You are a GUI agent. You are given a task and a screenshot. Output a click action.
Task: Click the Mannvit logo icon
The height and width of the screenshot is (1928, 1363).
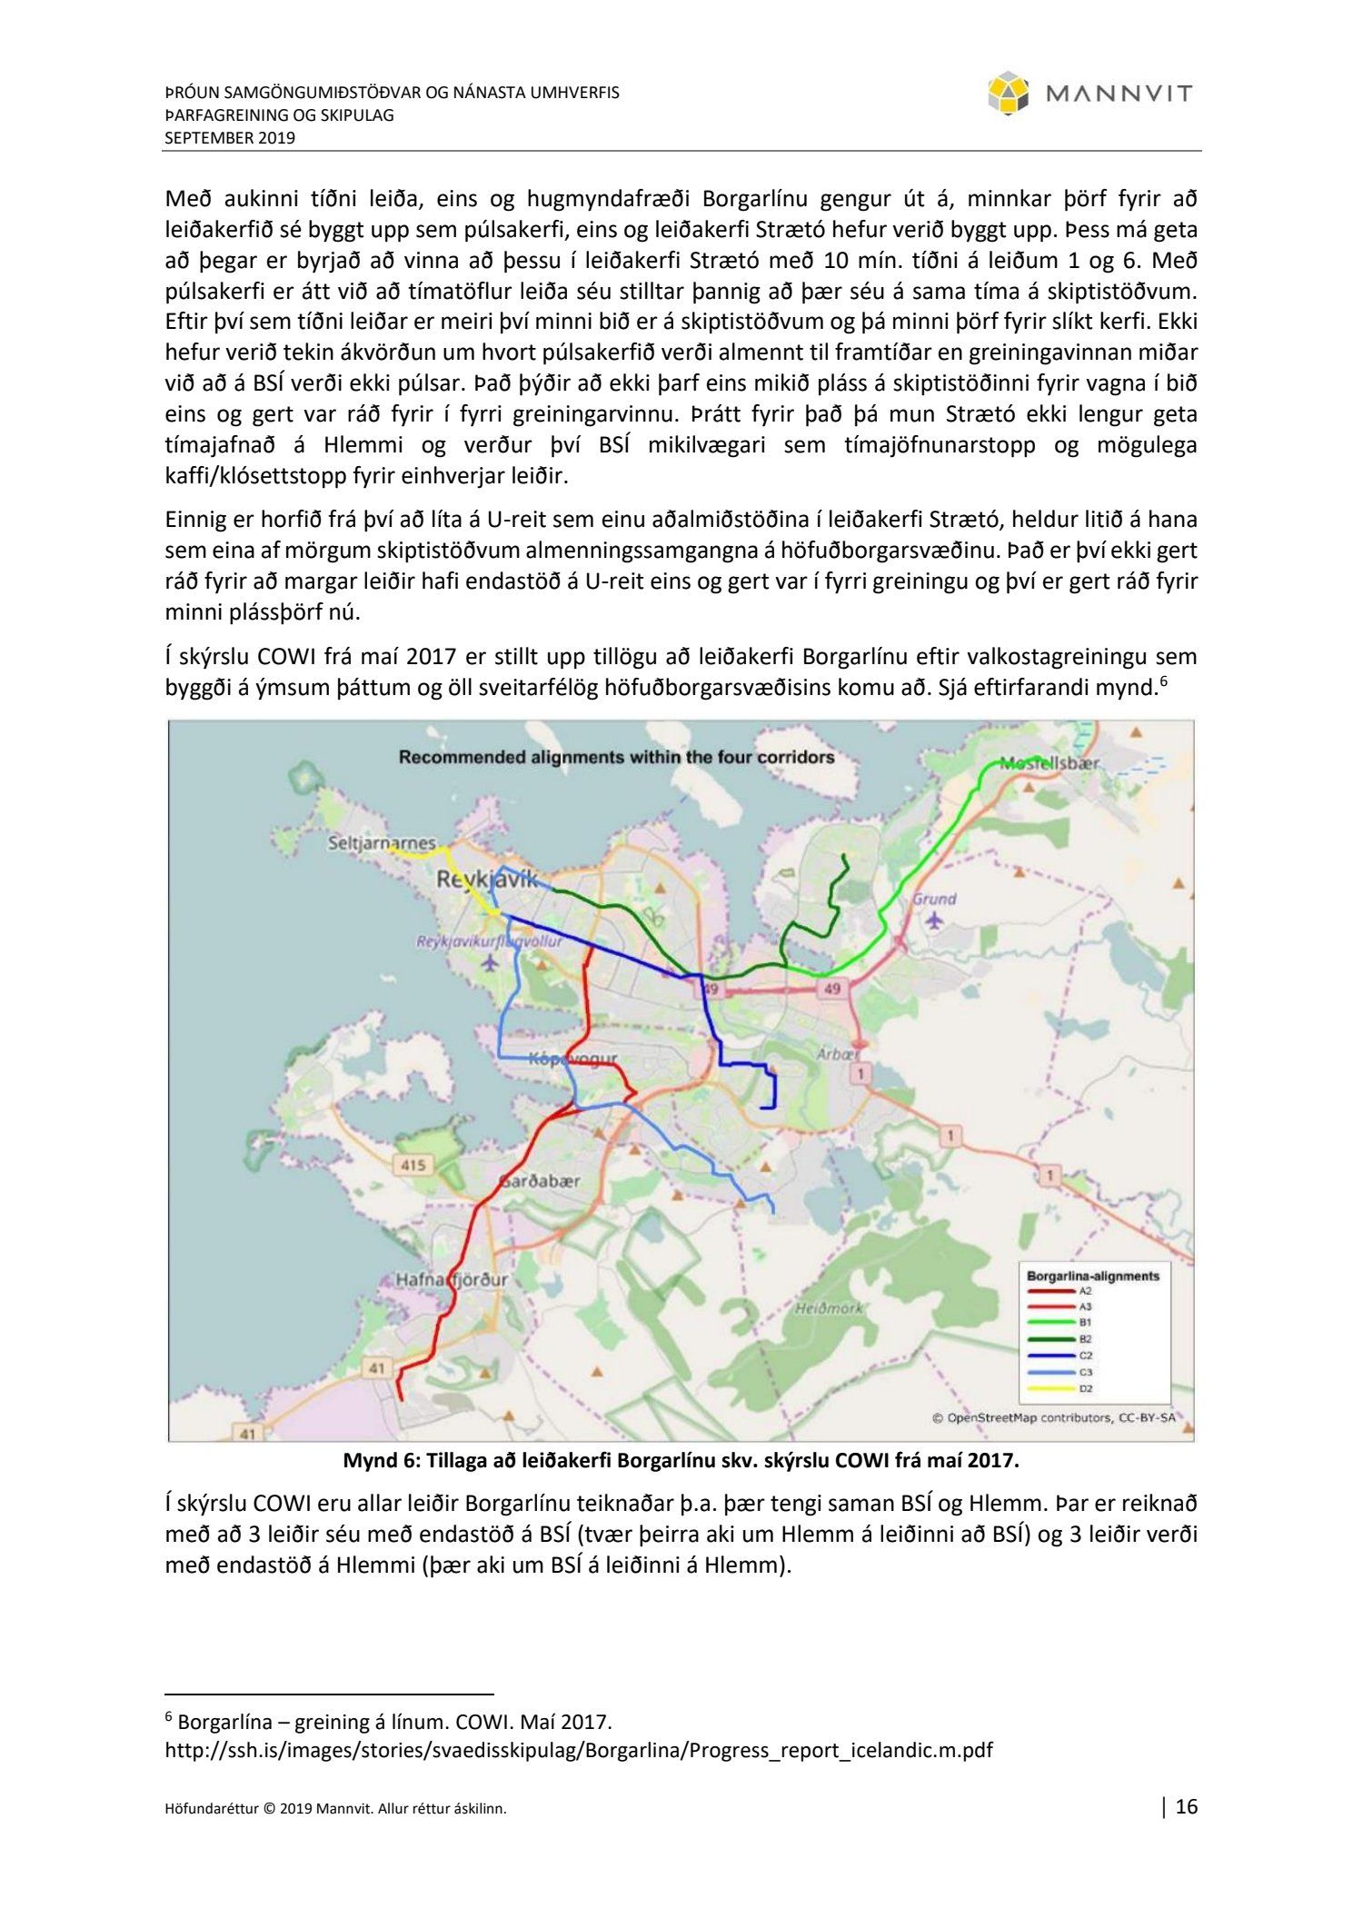pos(1009,94)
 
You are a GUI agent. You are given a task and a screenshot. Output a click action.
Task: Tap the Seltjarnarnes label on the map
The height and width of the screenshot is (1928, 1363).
pos(382,843)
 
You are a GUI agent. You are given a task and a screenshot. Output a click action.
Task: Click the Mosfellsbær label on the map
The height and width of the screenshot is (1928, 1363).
pos(1049,764)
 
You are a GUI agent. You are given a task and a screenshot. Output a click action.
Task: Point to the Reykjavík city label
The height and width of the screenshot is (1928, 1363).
pos(487,880)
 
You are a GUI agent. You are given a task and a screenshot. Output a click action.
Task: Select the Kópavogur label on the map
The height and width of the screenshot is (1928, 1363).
pos(572,1058)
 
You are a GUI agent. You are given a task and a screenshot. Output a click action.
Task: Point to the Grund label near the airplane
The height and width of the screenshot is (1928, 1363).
pos(934,899)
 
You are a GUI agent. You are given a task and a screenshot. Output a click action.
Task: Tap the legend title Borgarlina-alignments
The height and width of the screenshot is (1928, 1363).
pos(1092,1276)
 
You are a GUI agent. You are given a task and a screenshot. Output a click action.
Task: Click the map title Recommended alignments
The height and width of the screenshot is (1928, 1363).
pos(616,757)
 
